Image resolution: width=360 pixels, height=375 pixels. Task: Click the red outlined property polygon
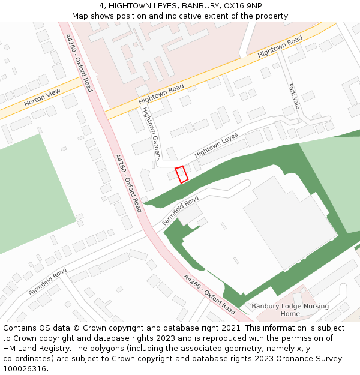[181, 174]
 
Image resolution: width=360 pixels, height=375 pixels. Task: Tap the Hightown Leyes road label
[216, 145]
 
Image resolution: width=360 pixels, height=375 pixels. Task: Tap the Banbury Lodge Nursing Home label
[290, 310]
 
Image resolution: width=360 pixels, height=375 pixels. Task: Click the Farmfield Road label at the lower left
[47, 281]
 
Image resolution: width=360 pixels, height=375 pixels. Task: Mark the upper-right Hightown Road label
[280, 47]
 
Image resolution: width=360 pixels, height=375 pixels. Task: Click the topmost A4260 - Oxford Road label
[79, 62]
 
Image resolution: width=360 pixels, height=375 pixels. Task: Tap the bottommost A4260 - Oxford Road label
[209, 295]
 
